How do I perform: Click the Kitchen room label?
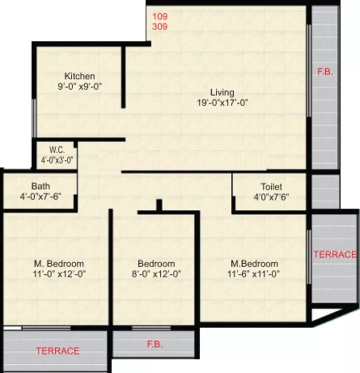79,76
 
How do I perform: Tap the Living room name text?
222,92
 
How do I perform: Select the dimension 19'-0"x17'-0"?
222,102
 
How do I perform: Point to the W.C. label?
56,150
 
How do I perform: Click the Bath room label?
40,186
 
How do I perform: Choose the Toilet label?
271,186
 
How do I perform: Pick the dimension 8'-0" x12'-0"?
156,273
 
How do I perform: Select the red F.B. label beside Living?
325,72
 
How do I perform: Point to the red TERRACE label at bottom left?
57,351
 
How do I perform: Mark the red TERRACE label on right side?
335,254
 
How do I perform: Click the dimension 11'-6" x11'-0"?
254,273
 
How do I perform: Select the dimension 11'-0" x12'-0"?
58,273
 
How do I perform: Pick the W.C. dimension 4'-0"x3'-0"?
57,160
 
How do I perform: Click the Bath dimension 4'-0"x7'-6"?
40,196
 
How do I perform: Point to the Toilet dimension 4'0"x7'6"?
271,196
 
